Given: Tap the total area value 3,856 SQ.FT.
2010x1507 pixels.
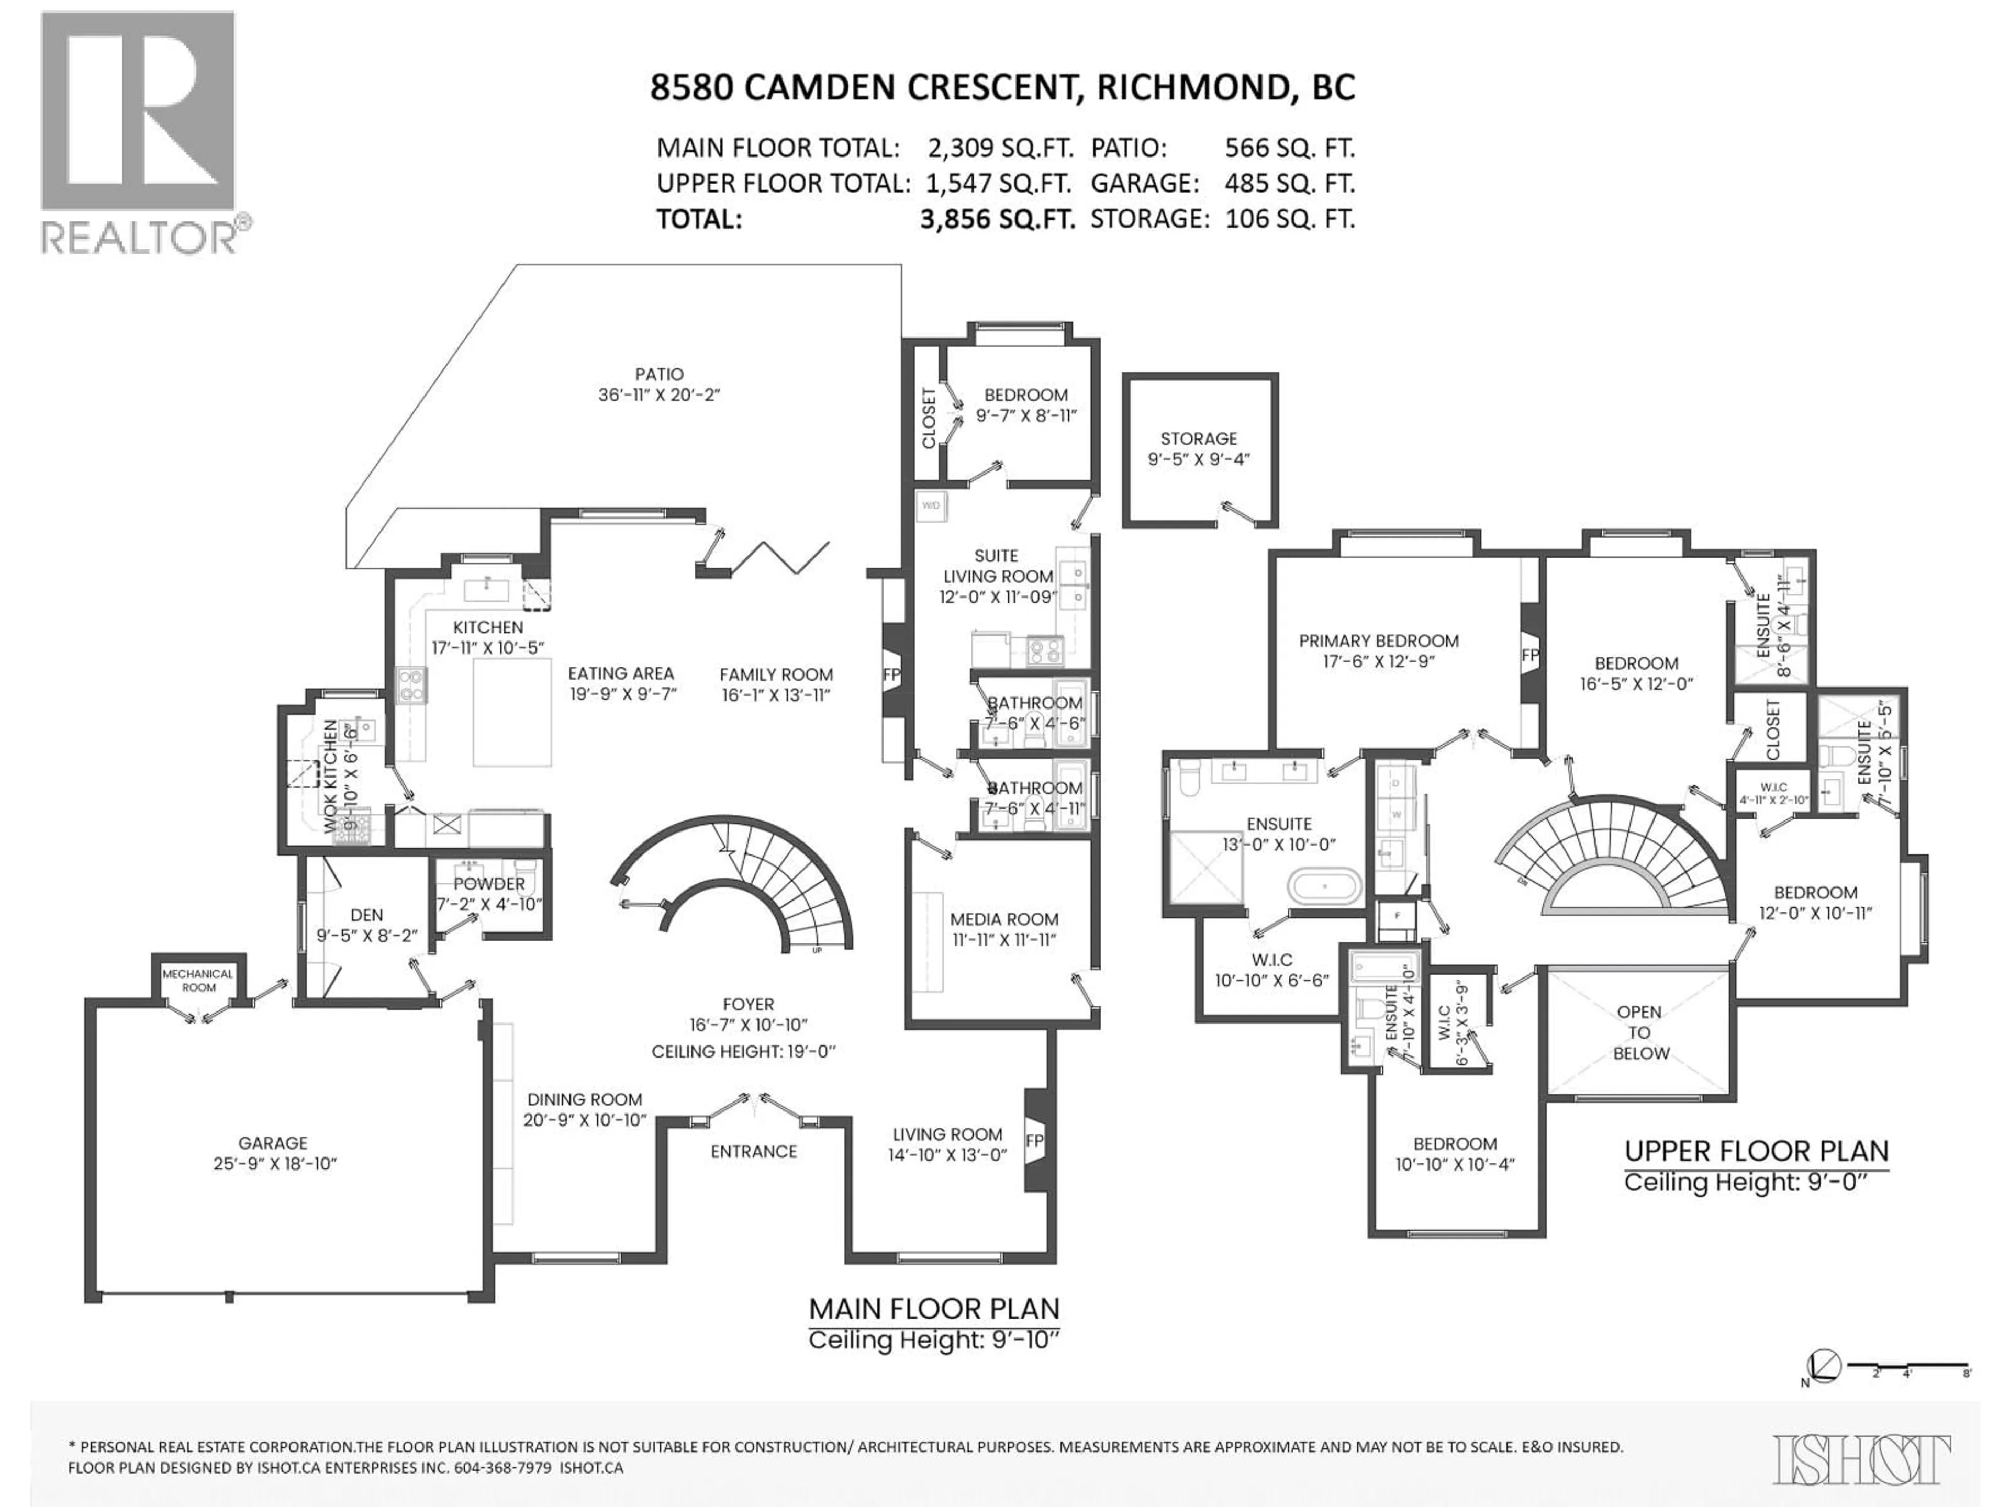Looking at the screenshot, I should [997, 219].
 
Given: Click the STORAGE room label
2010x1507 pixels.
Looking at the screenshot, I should [1199, 438].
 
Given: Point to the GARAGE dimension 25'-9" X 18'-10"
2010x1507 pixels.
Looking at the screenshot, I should [274, 1164].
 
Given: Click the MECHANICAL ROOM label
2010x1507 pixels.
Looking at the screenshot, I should [198, 980].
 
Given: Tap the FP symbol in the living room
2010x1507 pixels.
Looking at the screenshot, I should [1035, 1141].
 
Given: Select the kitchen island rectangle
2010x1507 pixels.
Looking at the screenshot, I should [511, 712].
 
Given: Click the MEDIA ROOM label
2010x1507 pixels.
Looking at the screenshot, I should [1004, 919].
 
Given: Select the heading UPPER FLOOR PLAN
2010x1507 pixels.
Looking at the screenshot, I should [1756, 1152].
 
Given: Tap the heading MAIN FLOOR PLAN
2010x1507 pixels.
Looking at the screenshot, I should [934, 1309].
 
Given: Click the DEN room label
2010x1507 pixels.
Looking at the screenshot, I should [366, 915].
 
